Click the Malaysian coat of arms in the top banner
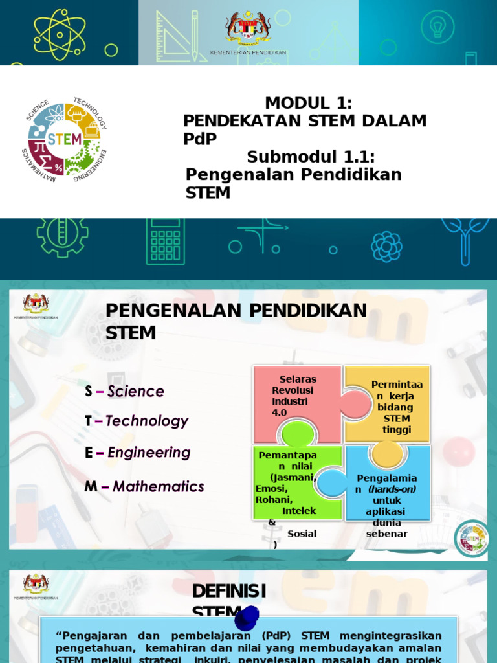point(248,28)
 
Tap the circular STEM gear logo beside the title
point(64,139)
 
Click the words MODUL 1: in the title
point(308,103)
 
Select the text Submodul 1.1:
point(311,157)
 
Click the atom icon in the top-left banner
point(60,34)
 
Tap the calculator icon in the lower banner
point(166,240)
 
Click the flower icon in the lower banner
point(386,247)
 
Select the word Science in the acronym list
point(136,391)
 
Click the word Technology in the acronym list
point(147,421)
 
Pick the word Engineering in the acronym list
point(149,453)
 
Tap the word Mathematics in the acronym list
point(159,486)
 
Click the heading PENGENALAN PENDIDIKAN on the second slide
point(236,311)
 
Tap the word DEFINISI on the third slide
point(229,591)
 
